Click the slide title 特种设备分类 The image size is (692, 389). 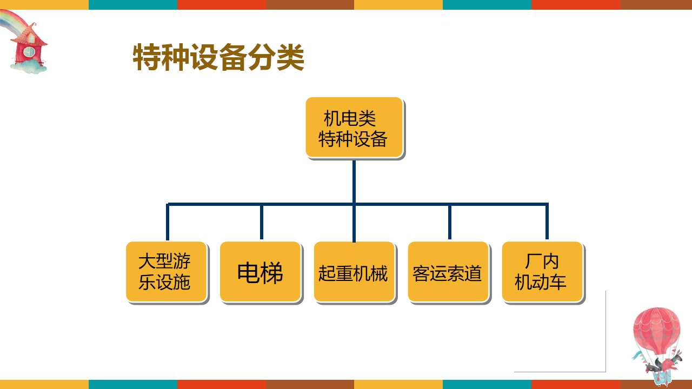(x=218, y=58)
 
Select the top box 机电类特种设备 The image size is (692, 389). (x=354, y=128)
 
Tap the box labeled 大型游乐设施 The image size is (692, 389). (x=166, y=271)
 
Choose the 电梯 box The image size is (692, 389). (x=260, y=271)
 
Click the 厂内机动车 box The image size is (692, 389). (x=542, y=271)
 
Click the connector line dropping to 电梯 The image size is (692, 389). (x=262, y=222)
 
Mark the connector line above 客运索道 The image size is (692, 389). (x=449, y=222)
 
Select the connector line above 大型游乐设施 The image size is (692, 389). (x=168, y=222)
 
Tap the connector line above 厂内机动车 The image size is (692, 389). (x=547, y=222)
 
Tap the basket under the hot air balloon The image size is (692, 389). (x=661, y=376)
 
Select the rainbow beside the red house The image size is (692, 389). (x=11, y=22)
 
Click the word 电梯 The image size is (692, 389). (x=260, y=273)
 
